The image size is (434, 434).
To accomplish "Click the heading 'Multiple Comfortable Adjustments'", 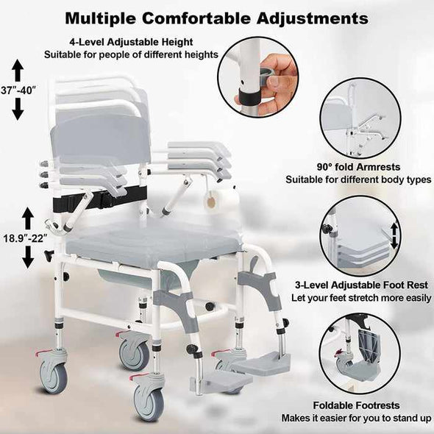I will click(x=216, y=16).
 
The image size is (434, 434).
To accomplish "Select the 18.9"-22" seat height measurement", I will click(x=28, y=238).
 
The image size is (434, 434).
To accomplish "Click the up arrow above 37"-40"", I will click(x=18, y=70).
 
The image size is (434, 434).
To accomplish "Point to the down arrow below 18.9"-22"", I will click(x=28, y=257).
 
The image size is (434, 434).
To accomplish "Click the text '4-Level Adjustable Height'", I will click(x=130, y=42).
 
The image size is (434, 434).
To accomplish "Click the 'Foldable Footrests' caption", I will click(x=357, y=405).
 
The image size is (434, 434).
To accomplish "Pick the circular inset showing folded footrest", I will click(x=360, y=354).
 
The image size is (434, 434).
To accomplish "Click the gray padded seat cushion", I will click(x=154, y=246).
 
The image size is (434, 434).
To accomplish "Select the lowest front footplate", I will click(x=221, y=383).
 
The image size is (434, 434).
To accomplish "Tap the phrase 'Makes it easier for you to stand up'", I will click(x=357, y=418).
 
